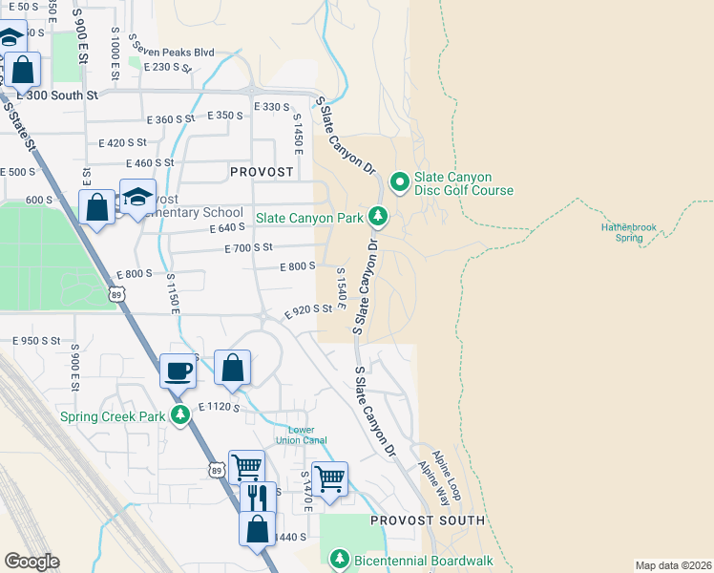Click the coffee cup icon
tap(177, 370)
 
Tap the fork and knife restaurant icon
tap(257, 498)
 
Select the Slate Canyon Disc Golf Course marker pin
tap(398, 180)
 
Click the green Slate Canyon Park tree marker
tap(379, 217)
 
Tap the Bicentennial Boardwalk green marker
tap(339, 559)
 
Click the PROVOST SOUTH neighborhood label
tap(428, 520)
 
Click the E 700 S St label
tap(248, 248)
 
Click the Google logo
tap(31, 562)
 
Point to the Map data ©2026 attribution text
tap(673, 565)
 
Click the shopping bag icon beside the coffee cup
tap(233, 367)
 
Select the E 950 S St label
tap(36, 340)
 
